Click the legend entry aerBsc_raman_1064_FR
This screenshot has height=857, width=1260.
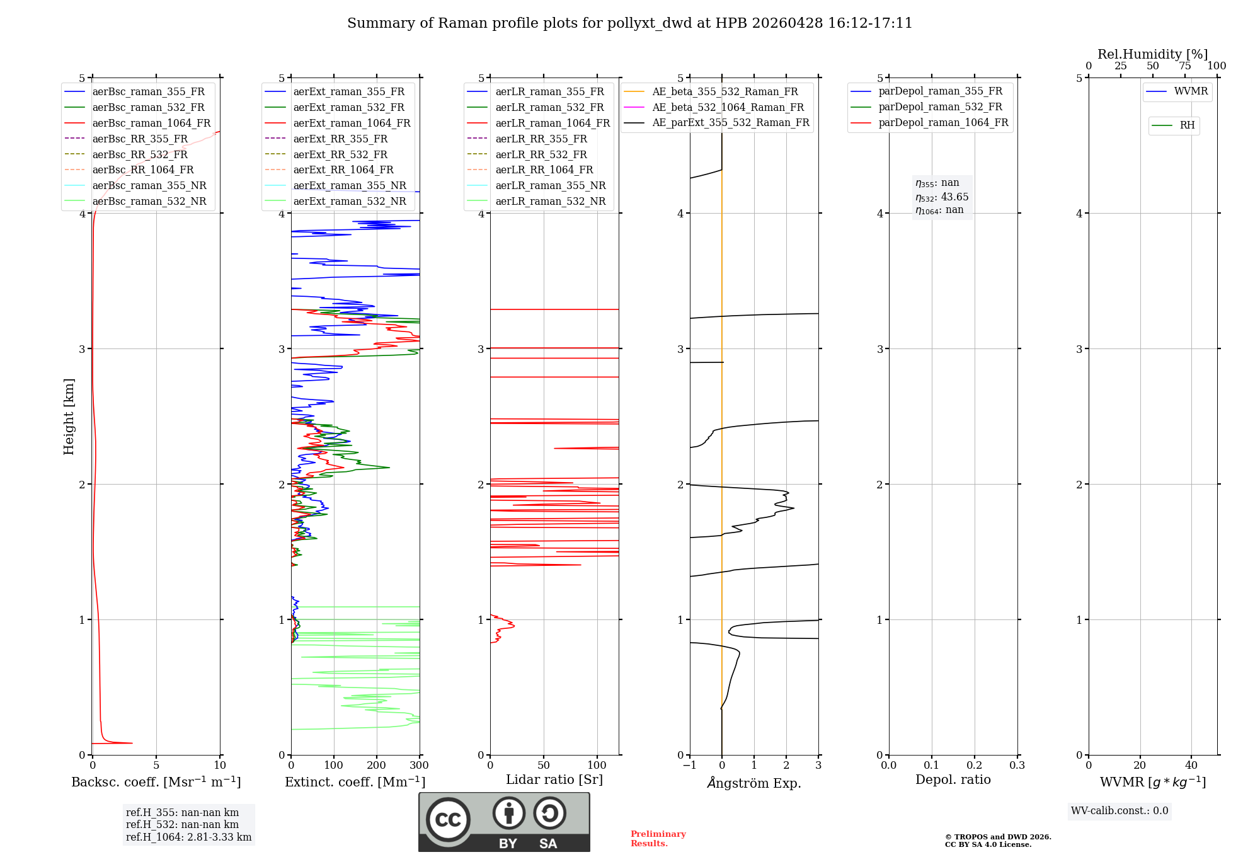(151, 124)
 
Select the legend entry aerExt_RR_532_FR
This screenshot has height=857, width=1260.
(340, 154)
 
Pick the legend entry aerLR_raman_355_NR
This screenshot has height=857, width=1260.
(550, 186)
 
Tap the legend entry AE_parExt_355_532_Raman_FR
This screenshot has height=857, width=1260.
(730, 123)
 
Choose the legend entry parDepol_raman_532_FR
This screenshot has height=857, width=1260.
(940, 107)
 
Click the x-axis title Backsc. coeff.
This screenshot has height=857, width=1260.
(156, 782)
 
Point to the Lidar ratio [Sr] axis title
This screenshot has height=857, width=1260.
(554, 780)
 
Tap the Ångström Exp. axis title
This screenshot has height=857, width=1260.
(754, 783)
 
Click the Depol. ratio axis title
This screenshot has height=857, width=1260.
(953, 780)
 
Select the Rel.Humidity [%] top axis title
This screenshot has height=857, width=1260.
(1152, 54)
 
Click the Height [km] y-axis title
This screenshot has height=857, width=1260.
(69, 417)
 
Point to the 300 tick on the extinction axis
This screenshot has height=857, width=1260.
(419, 766)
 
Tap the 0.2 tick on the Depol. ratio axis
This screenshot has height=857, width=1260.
(974, 766)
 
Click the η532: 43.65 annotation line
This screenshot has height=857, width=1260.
(942, 197)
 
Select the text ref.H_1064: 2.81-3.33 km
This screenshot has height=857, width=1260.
(188, 837)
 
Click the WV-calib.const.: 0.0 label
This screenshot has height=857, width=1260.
(1120, 811)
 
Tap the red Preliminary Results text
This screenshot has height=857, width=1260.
(658, 839)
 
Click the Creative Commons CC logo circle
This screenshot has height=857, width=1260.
(448, 820)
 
